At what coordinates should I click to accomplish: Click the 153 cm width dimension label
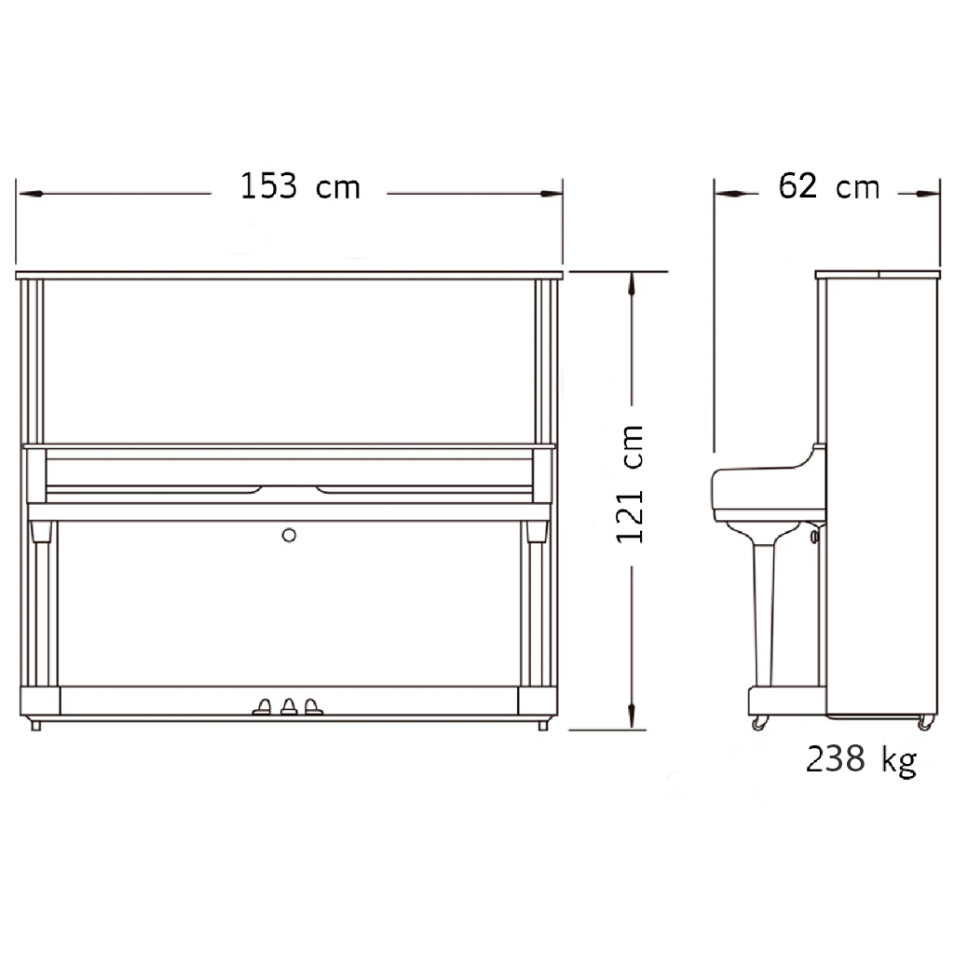tap(301, 185)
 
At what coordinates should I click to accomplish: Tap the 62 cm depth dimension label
tap(828, 185)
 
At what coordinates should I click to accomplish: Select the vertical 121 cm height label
tap(631, 484)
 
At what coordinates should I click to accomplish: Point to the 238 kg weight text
tap(861, 760)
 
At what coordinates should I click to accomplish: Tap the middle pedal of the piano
tap(289, 706)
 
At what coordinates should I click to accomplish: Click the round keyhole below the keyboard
tap(289, 536)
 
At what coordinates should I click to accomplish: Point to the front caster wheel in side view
tap(759, 722)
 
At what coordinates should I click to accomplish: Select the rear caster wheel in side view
tap(925, 722)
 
